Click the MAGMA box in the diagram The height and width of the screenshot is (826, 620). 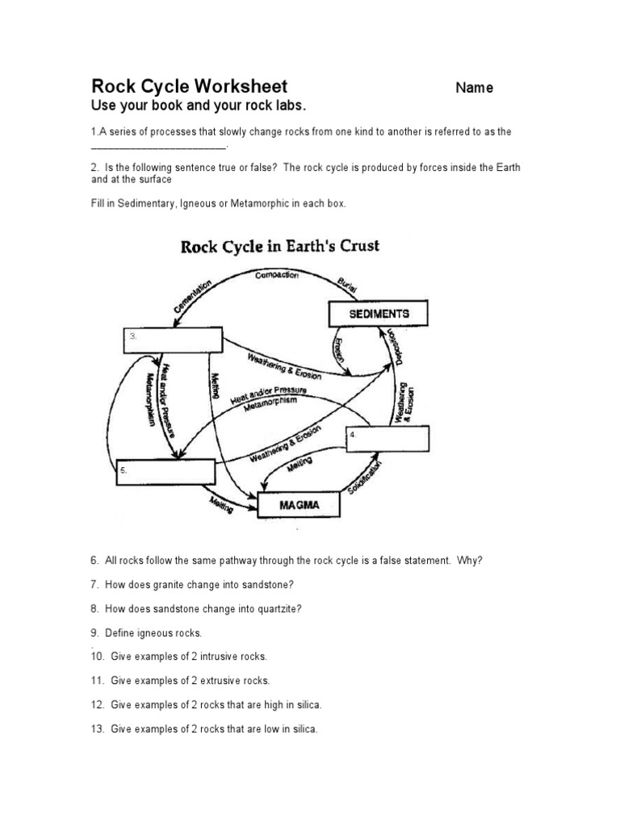pos(300,506)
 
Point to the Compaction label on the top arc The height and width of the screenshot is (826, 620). pos(276,275)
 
